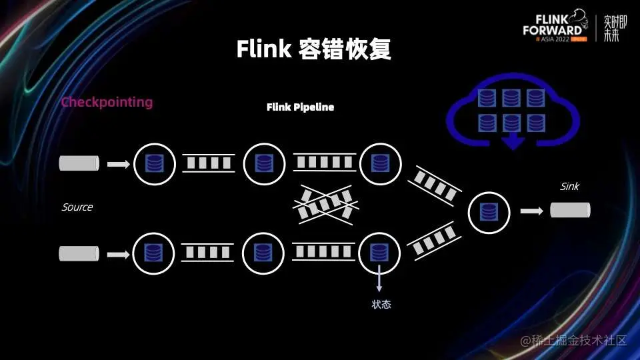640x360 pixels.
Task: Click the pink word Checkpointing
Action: [x=107, y=103]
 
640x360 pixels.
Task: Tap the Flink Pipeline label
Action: [x=300, y=107]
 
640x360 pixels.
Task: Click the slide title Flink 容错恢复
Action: [x=313, y=49]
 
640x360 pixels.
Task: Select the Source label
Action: [x=77, y=207]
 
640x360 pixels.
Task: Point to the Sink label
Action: [x=569, y=187]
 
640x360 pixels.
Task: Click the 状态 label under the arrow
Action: [x=381, y=305]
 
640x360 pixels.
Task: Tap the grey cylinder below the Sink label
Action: [x=570, y=211]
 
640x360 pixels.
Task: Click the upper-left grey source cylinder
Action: [x=79, y=163]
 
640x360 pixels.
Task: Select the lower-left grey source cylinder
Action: [x=79, y=253]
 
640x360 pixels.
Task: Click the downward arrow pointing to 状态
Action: [x=379, y=278]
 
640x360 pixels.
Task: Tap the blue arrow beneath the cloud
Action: [x=512, y=141]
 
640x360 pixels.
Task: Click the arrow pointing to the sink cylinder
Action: [x=531, y=211]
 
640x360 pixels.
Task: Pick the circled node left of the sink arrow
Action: [x=490, y=212]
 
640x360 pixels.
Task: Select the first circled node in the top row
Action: [x=155, y=163]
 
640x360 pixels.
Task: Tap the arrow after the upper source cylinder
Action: [x=119, y=163]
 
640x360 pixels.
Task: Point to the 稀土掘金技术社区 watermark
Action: [x=573, y=341]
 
